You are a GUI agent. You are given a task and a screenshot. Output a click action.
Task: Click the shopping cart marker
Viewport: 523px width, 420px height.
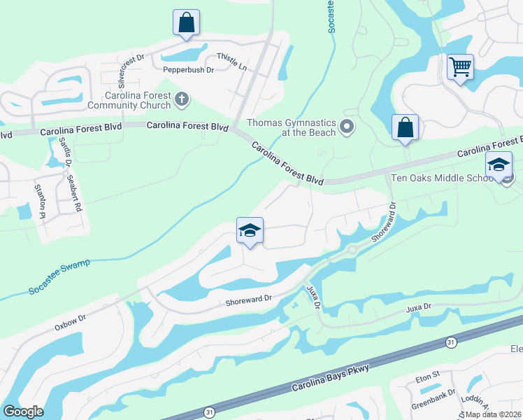pyautogui.click(x=460, y=67)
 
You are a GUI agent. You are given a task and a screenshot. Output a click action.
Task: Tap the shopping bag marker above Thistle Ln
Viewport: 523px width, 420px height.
pyautogui.click(x=186, y=22)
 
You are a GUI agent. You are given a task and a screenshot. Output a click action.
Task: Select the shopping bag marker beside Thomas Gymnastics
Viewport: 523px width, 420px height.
pyautogui.click(x=405, y=127)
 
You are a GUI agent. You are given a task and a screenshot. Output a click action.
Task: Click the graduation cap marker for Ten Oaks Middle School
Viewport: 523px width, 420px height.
pyautogui.click(x=499, y=165)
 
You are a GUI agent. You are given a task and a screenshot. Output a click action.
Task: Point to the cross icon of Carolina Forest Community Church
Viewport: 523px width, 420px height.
pyautogui.click(x=182, y=99)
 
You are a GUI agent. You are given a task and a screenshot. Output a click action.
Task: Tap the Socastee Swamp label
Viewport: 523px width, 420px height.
pyautogui.click(x=59, y=276)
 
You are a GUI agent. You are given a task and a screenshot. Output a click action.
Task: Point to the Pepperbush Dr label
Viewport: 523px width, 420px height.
pyautogui.click(x=188, y=70)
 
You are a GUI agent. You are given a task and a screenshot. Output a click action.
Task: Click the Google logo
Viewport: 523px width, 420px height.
pyautogui.click(x=23, y=412)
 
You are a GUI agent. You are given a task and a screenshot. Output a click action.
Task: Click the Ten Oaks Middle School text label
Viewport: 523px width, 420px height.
pyautogui.click(x=442, y=178)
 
